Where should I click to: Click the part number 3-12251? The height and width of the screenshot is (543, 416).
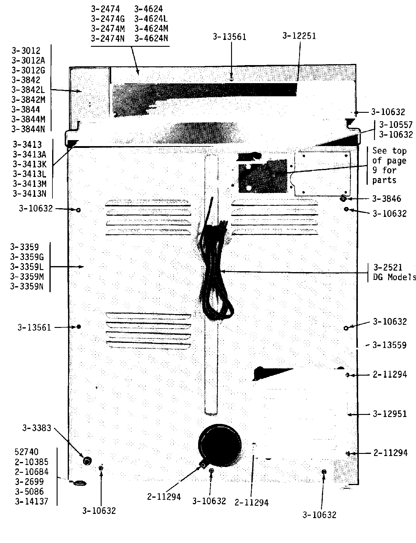[299, 36]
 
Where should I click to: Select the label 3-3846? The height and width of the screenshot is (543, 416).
[386, 199]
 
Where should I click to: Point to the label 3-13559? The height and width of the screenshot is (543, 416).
[389, 345]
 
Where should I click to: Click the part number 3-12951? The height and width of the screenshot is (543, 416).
[390, 414]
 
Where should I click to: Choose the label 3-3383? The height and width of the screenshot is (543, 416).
[37, 428]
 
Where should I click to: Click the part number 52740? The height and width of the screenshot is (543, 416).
[27, 452]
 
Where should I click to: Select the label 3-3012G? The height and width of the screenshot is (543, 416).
[28, 70]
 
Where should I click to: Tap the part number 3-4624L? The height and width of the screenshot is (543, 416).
[151, 19]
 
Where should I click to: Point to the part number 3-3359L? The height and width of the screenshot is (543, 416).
[27, 267]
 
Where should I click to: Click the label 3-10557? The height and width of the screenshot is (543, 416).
[396, 124]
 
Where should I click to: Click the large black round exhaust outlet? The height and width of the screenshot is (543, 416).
[220, 445]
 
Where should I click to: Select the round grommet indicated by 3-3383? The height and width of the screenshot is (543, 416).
[87, 461]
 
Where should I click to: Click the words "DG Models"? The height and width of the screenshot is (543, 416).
[394, 277]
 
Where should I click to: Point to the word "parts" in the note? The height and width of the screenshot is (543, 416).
[384, 180]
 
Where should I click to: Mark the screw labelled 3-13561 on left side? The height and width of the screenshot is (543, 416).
[79, 327]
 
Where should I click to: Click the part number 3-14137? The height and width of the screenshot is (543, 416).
[31, 501]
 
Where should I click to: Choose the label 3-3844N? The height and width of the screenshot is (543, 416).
[28, 129]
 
